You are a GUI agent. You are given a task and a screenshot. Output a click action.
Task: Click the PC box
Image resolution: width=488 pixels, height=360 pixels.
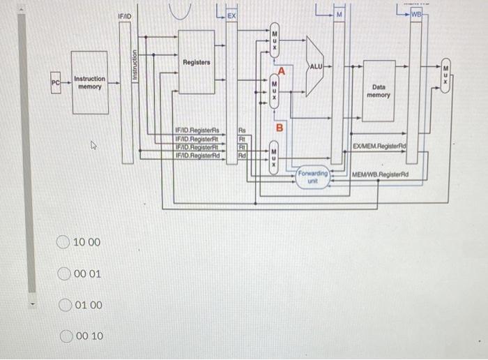[x=55, y=83]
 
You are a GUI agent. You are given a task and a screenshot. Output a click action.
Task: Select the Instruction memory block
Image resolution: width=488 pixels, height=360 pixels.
[x=89, y=83]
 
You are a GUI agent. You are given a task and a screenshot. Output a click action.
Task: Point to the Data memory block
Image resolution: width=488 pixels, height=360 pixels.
[x=379, y=91]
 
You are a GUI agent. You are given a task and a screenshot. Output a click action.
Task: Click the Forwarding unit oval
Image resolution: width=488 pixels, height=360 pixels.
[x=313, y=177]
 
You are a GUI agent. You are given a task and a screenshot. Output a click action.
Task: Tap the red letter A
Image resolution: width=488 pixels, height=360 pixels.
[x=282, y=71]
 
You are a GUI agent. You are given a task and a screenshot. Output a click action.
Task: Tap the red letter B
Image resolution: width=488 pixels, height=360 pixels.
[x=280, y=128]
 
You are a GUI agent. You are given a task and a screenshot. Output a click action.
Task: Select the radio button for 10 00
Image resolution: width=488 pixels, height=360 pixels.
[x=63, y=242]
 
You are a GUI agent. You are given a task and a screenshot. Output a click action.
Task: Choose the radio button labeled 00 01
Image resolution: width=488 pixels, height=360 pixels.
[x=63, y=274]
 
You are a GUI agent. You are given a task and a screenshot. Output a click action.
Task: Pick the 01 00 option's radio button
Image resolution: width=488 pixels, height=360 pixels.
[x=63, y=306]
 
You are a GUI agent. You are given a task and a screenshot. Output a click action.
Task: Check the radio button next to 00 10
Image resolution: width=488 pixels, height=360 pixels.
[x=63, y=336]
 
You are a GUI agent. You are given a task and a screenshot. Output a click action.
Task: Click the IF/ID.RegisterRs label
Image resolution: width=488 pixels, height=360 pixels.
[x=197, y=130]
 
